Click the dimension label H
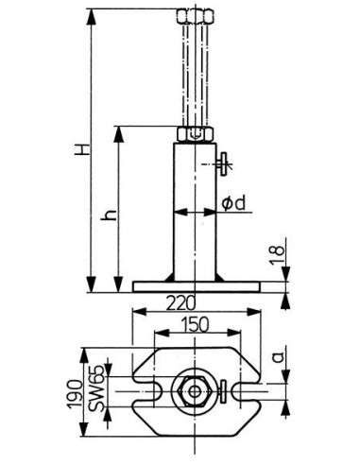pyautogui.click(x=82, y=149)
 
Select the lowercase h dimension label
pyautogui.click(x=111, y=215)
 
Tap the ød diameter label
pyautogui.click(x=233, y=203)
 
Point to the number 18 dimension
pyautogui.click(x=277, y=255)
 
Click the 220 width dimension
pyautogui.click(x=180, y=303)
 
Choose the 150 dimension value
pyautogui.click(x=195, y=324)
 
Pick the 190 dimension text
pyautogui.click(x=75, y=394)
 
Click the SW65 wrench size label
pyautogui.click(x=97, y=388)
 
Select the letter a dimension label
pyautogui.click(x=279, y=357)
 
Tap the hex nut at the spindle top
pyautogui.click(x=196, y=16)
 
